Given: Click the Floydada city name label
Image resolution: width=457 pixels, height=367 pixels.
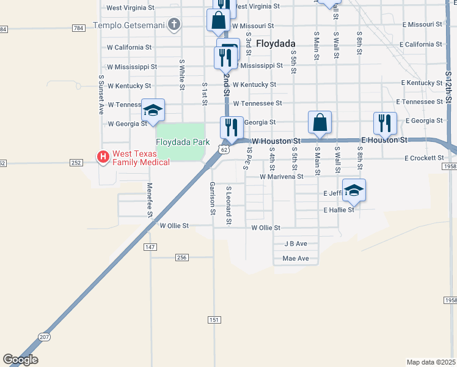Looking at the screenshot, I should [276, 43].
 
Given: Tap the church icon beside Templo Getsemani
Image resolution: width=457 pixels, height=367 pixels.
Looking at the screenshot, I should [174, 25].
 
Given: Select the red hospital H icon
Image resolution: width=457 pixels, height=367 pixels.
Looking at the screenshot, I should [103, 157].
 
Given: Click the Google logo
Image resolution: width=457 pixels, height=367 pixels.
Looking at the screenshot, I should [20, 360].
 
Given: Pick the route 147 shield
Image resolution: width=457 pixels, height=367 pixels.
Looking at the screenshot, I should [150, 247].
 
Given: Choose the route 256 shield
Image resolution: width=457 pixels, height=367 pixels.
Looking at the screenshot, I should [181, 258].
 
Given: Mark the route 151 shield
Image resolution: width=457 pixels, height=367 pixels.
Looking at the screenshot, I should [213, 320].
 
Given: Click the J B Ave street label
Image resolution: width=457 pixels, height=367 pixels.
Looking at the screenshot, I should [296, 243].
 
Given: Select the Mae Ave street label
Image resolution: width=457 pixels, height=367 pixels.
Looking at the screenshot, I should [296, 259].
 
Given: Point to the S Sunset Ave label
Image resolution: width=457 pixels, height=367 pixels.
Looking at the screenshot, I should [101, 95].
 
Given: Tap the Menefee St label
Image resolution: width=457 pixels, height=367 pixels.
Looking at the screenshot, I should [149, 199].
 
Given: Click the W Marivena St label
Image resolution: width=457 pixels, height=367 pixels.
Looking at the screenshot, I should [281, 176].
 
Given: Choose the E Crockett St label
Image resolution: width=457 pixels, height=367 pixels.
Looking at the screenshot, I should [423, 158].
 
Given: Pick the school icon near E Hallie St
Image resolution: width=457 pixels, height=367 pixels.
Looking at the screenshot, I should [354, 191].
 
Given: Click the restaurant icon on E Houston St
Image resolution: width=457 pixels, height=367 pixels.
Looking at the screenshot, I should [385, 122].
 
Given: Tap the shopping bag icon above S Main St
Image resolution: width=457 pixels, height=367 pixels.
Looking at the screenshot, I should [320, 122].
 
